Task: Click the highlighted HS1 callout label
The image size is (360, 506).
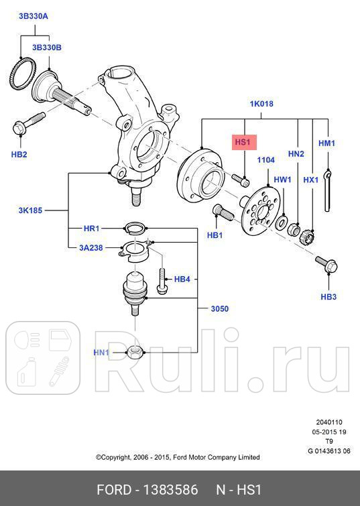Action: [242, 142]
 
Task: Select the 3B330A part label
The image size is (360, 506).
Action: [33, 15]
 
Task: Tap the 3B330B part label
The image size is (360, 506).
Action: [47, 48]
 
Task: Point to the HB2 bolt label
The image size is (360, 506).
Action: [19, 155]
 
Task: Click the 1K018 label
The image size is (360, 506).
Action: [261, 104]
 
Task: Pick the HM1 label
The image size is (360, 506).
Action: [326, 143]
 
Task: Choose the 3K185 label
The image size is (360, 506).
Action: [30, 210]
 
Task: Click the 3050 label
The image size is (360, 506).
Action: [220, 309]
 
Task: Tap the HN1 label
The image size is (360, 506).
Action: [101, 352]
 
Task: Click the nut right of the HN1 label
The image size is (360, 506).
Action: [134, 351]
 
